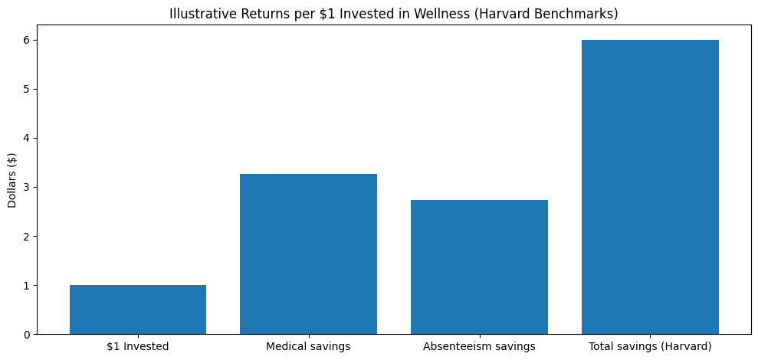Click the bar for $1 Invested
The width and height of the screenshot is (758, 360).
click(x=138, y=309)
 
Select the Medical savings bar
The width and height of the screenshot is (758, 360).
click(x=308, y=254)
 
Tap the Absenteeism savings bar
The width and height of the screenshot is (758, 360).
click(x=479, y=267)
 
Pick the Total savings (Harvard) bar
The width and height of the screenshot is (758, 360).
click(x=650, y=187)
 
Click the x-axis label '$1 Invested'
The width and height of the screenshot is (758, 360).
click(x=138, y=346)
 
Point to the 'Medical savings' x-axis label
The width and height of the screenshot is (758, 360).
click(x=308, y=346)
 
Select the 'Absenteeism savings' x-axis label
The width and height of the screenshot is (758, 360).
click(x=479, y=346)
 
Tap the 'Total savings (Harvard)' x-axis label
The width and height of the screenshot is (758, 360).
click(x=650, y=346)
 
